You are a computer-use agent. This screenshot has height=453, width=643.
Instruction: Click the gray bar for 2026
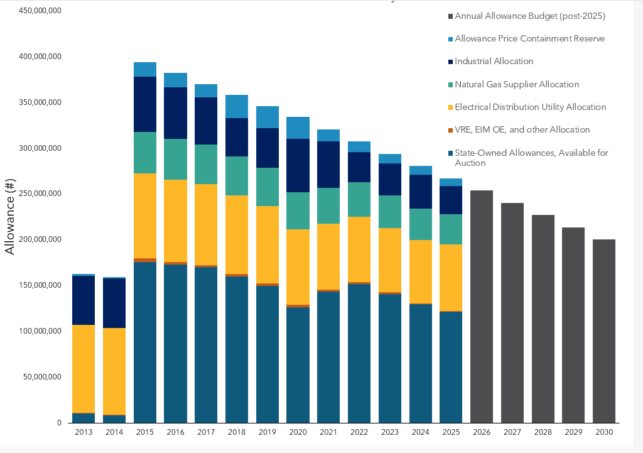click(x=482, y=307)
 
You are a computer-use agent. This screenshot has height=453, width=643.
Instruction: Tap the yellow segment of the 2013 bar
click(x=84, y=369)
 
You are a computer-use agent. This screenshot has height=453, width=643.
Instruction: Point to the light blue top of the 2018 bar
click(x=237, y=106)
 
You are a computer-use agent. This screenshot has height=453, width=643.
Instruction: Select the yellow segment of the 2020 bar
click(x=298, y=267)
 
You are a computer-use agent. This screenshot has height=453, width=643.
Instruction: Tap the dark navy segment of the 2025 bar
click(x=451, y=200)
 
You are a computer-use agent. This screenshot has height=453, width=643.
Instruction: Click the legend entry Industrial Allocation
click(x=494, y=62)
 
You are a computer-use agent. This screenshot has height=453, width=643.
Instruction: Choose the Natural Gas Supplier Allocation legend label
click(x=517, y=84)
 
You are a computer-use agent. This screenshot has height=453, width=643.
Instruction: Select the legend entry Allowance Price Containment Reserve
click(x=529, y=39)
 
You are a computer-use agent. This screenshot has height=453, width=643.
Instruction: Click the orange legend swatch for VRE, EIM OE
click(x=449, y=130)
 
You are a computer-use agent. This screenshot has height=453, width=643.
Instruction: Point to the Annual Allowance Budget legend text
click(x=530, y=16)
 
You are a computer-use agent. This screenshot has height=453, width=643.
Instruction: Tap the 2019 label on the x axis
click(x=267, y=432)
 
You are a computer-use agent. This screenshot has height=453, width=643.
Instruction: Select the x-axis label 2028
click(x=543, y=432)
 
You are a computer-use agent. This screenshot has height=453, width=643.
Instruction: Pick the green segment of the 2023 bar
click(x=389, y=212)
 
